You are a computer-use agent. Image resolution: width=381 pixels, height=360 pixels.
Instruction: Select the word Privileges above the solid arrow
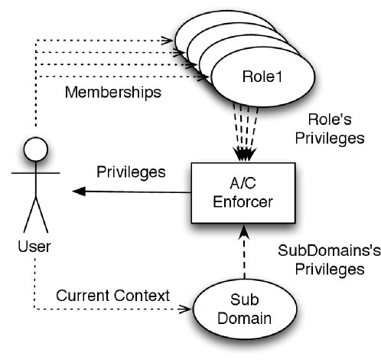pyautogui.click(x=131, y=172)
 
